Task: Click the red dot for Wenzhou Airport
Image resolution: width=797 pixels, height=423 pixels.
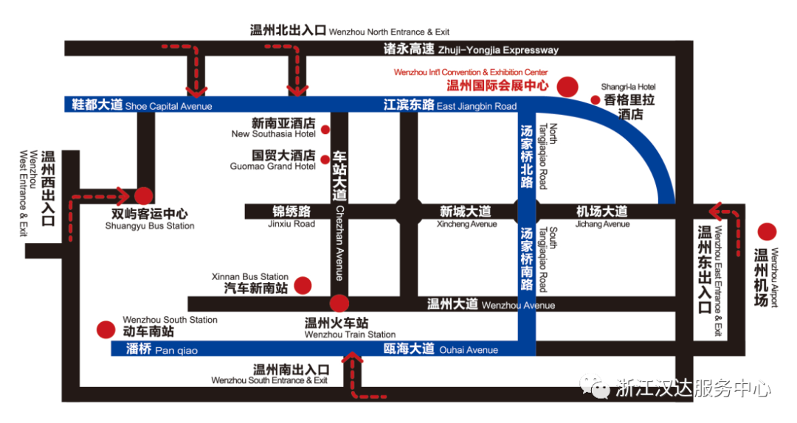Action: coord(768,232)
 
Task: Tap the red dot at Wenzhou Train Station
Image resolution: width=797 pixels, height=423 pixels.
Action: coord(339,303)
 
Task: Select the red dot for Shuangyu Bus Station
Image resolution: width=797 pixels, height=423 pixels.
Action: coord(143,196)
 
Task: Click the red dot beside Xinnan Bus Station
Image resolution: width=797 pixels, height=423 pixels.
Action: coord(303,285)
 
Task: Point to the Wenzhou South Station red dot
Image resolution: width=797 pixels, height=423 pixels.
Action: coord(107,329)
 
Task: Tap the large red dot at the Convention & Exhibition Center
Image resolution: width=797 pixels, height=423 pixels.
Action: coord(567,87)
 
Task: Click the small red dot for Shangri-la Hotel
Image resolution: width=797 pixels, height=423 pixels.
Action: coord(596,99)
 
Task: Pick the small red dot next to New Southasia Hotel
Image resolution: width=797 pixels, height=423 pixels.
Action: coord(325,130)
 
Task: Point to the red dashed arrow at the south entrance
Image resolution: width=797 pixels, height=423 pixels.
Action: coord(354,376)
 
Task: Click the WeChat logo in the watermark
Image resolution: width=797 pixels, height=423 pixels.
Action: coord(596,387)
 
